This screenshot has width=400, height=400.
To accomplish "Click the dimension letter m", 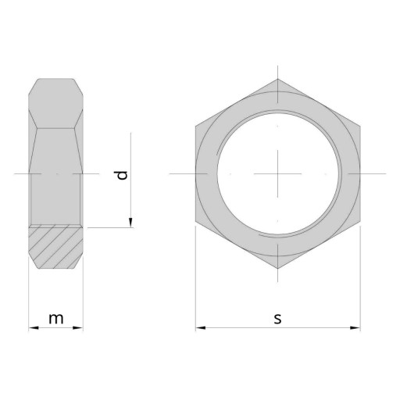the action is pyautogui.click(x=56, y=319).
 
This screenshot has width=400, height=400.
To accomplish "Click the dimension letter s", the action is pyautogui.click(x=278, y=319).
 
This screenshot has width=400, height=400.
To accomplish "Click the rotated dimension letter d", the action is pyautogui.click(x=122, y=175).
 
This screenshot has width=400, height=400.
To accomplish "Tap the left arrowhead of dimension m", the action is pyautogui.click(x=34, y=328).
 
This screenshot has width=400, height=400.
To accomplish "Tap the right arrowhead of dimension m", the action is pyautogui.click(x=78, y=328).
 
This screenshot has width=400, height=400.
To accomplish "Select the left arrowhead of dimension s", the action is pyautogui.click(x=201, y=328).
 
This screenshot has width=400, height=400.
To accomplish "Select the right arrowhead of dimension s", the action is pyautogui.click(x=355, y=328).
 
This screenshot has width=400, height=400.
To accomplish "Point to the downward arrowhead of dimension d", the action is pyautogui.click(x=130, y=223).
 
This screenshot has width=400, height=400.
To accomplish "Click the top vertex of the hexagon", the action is pyautogui.click(x=278, y=79).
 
